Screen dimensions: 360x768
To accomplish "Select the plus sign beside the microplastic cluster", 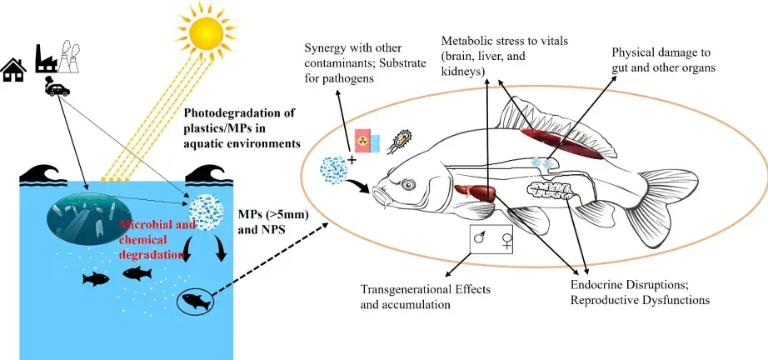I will (x=352, y=159).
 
